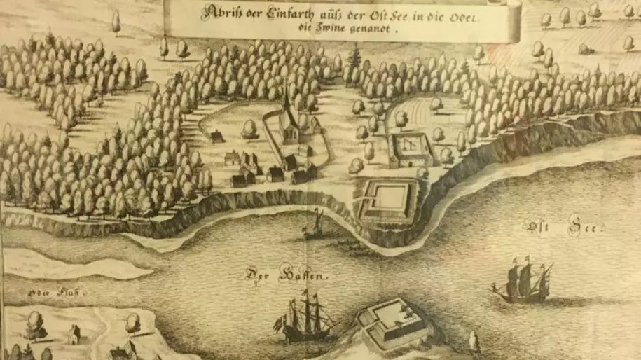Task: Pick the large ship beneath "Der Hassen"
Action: (x=306, y=319)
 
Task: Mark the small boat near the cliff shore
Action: (x=317, y=226)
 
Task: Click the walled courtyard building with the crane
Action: (x=410, y=149)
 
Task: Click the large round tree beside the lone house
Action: (x=249, y=129)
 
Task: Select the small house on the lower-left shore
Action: (x=74, y=334)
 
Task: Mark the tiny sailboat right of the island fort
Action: (x=474, y=342)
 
